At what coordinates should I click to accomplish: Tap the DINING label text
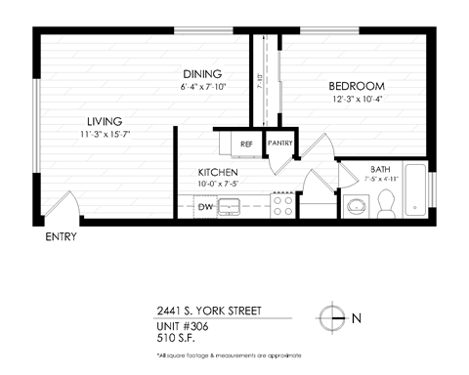(x=202, y=74)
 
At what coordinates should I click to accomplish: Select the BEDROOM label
(x=357, y=86)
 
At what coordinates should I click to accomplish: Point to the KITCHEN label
(x=217, y=172)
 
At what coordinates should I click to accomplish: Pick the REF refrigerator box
(x=246, y=144)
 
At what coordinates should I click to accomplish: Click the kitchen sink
(x=231, y=206)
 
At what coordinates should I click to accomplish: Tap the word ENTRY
(x=62, y=237)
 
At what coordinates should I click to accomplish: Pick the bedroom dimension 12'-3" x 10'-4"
(x=357, y=99)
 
